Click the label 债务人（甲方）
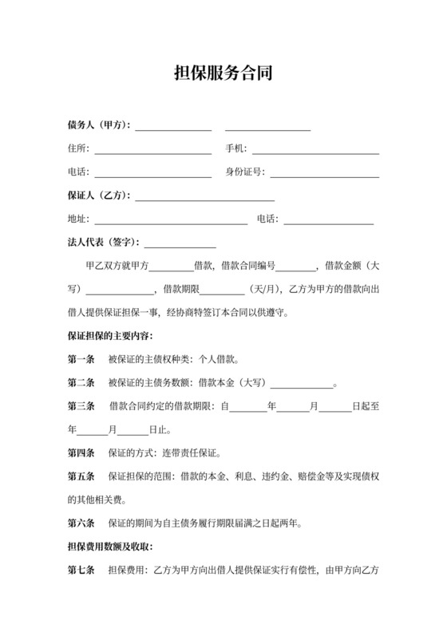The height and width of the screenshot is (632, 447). click(x=100, y=125)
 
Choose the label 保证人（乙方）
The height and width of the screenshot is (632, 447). click(x=100, y=196)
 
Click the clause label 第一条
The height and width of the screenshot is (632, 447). click(x=81, y=359)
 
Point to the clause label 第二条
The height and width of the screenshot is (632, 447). click(x=81, y=382)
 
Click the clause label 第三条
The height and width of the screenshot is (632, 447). click(x=81, y=406)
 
